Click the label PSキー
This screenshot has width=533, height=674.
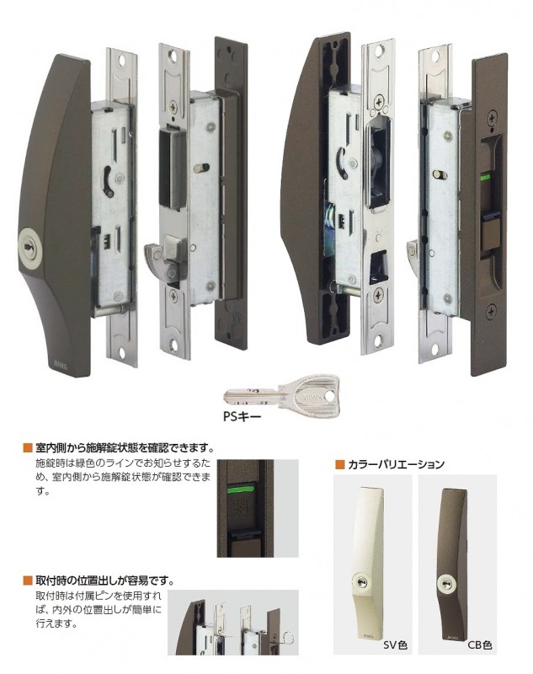pyautogui.click(x=265, y=415)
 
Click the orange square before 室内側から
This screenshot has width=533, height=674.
pyautogui.click(x=27, y=447)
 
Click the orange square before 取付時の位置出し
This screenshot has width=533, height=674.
pyautogui.click(x=27, y=580)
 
